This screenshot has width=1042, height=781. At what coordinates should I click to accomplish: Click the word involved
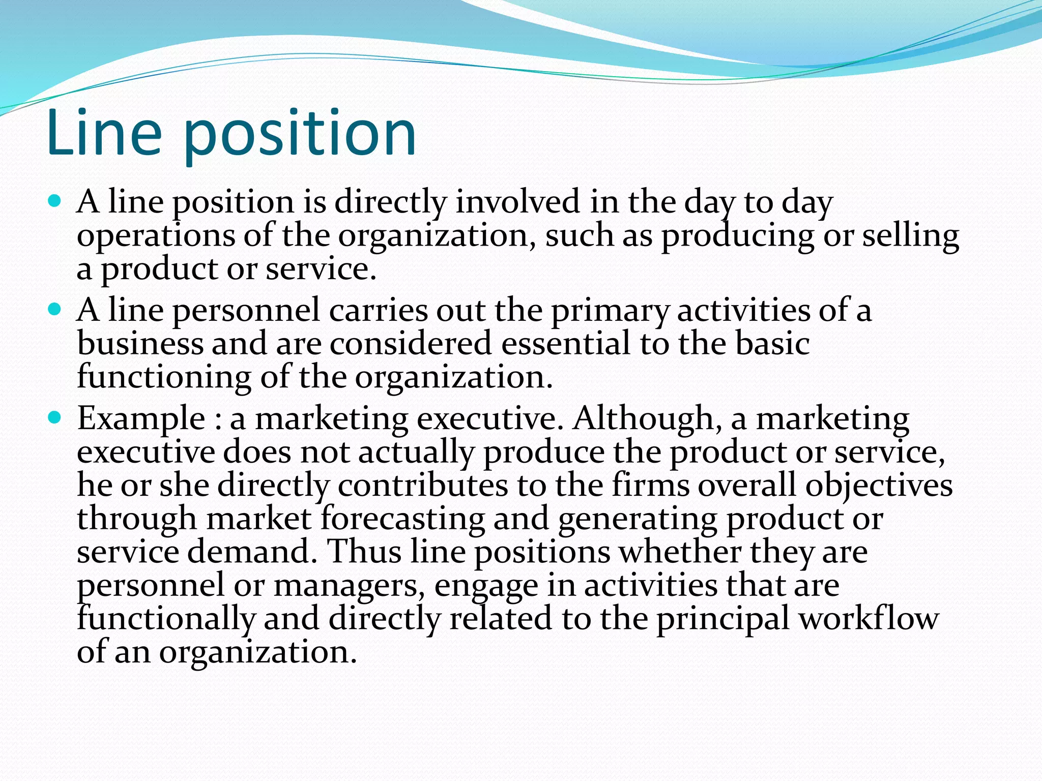517,201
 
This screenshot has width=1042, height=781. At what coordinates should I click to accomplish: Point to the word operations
155,237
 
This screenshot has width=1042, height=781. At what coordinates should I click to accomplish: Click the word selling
910,237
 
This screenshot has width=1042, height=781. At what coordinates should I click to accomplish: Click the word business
140,343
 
